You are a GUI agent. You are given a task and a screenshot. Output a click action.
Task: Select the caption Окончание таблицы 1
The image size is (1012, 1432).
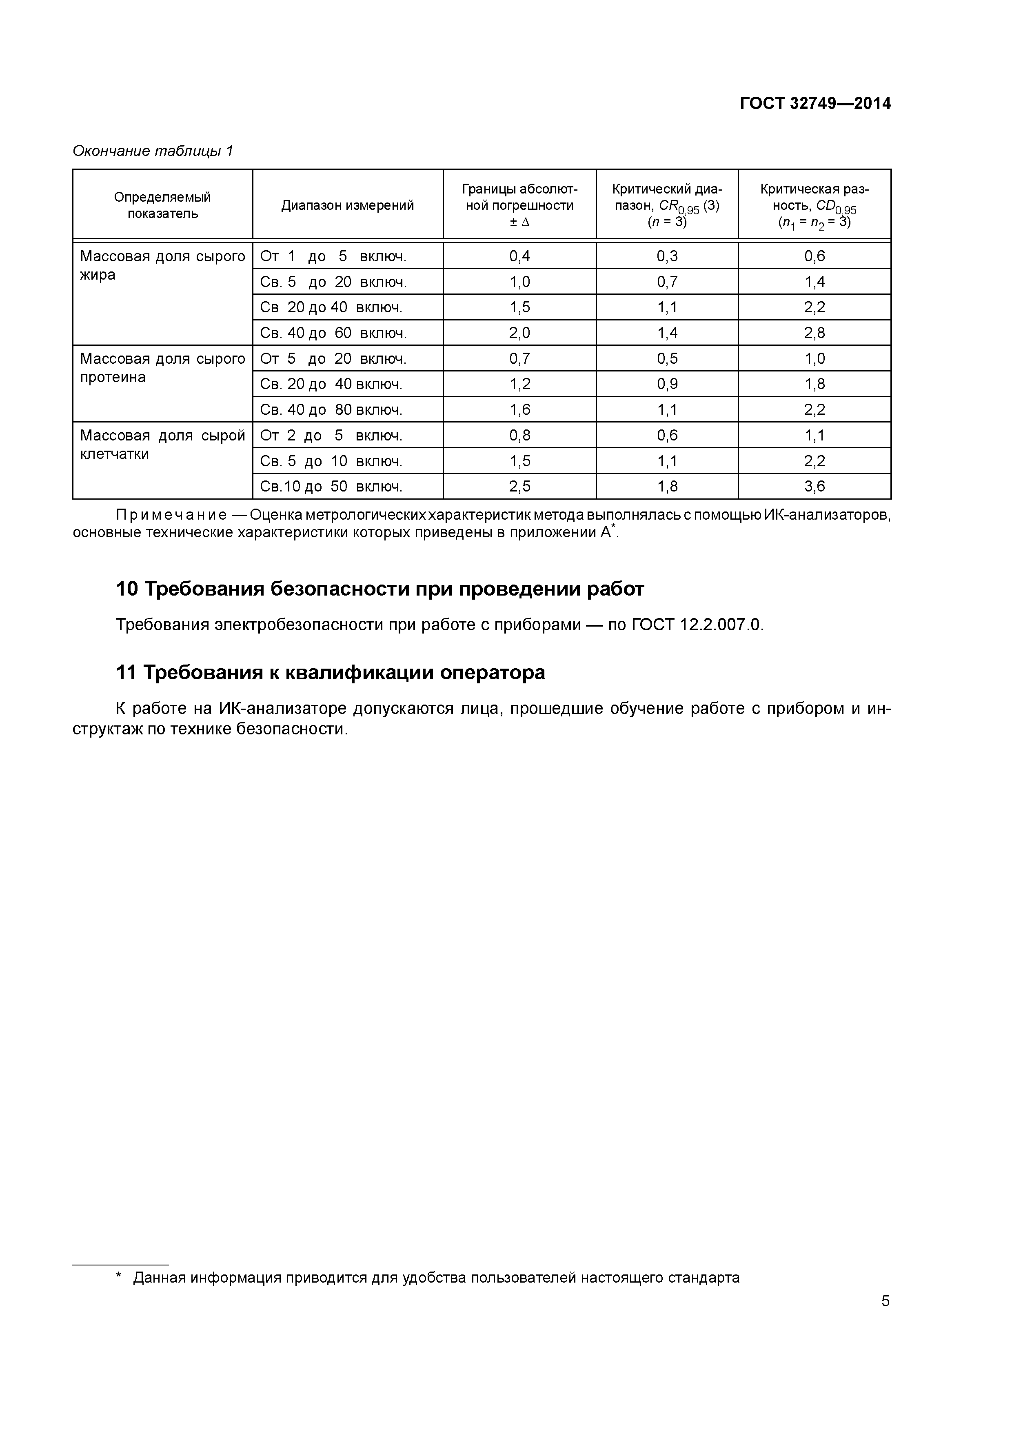coord(153,151)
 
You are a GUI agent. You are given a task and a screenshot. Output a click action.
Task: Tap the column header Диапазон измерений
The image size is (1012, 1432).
coord(347,205)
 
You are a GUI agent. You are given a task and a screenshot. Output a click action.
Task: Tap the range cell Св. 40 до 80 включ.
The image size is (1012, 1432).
coord(331,410)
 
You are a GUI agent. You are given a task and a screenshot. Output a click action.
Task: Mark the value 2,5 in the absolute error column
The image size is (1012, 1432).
coord(519,487)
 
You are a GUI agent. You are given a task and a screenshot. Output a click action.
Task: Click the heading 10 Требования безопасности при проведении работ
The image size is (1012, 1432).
coord(380,589)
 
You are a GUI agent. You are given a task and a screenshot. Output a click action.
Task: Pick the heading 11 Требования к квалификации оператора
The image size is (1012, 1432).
coord(331,672)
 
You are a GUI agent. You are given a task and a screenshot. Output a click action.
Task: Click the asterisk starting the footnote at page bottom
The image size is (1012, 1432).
coord(118,1277)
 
